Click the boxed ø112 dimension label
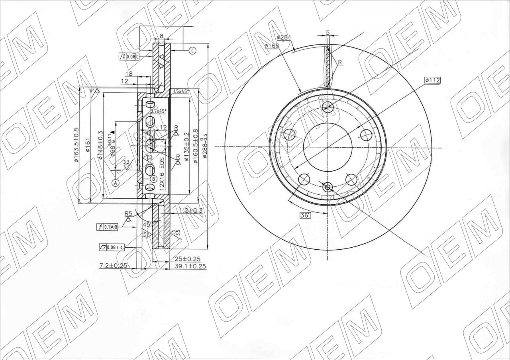pos(432,80)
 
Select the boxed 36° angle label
pos(305,215)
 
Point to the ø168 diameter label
pos(272,46)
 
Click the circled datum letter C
pos(192,51)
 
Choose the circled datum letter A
pos(116,183)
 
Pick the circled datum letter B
pos(153,179)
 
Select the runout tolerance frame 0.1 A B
pos(108,227)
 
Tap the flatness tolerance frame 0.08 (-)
pos(112,248)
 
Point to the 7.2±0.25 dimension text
pos(113,265)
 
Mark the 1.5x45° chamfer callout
pos(181,91)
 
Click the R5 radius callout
pos(128,214)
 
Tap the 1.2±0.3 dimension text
pos(191,210)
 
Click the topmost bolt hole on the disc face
pos(328,106)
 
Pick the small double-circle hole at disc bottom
pos(328,187)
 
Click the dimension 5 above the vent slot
pos(328,33)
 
